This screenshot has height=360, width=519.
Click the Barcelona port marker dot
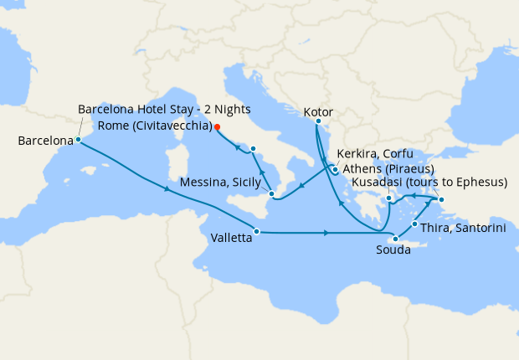78,140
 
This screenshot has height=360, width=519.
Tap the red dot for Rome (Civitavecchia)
217,127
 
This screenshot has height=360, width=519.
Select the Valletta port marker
256,231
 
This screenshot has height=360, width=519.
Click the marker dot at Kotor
317,122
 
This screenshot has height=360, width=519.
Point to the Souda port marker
395,239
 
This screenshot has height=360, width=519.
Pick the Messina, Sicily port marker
271,193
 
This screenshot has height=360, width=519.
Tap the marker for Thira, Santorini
415,224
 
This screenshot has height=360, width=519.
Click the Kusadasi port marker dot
442,198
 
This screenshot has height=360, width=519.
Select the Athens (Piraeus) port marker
388,198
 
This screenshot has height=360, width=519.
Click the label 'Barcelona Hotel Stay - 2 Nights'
164,110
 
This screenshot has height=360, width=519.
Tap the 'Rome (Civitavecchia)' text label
155,126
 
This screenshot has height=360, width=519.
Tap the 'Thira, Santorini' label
463,228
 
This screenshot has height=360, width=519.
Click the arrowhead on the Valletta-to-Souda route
325,232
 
